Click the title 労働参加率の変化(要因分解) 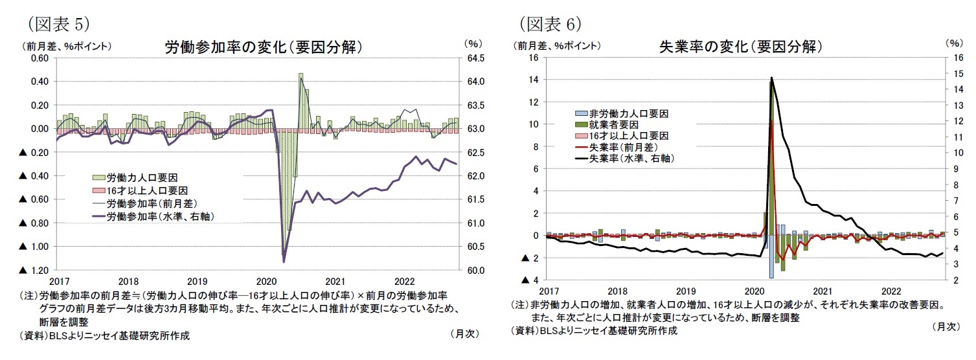coord(263,47)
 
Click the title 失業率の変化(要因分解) coord(740,47)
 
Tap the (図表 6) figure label coord(550,24)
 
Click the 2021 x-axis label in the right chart coord(823,291)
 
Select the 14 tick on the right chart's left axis coord(534,80)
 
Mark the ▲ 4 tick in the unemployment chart coord(530,280)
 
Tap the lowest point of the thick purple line coord(284,261)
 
